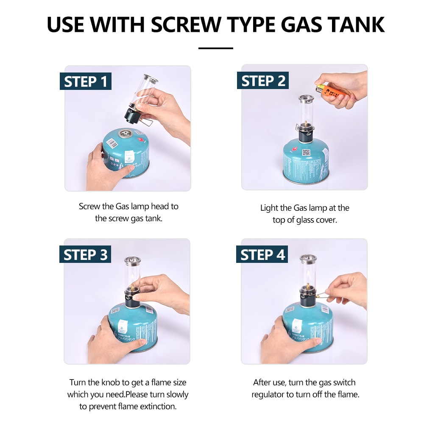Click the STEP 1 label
point(86,81)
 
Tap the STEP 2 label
point(263,81)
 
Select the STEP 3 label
point(86,254)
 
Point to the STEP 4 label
point(263,254)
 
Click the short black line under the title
point(215,48)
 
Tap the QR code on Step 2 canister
point(306,152)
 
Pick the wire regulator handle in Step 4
point(323,293)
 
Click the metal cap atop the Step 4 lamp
point(307,259)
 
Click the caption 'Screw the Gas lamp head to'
point(128,206)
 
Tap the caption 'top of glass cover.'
point(304,220)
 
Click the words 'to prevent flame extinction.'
point(128,406)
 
